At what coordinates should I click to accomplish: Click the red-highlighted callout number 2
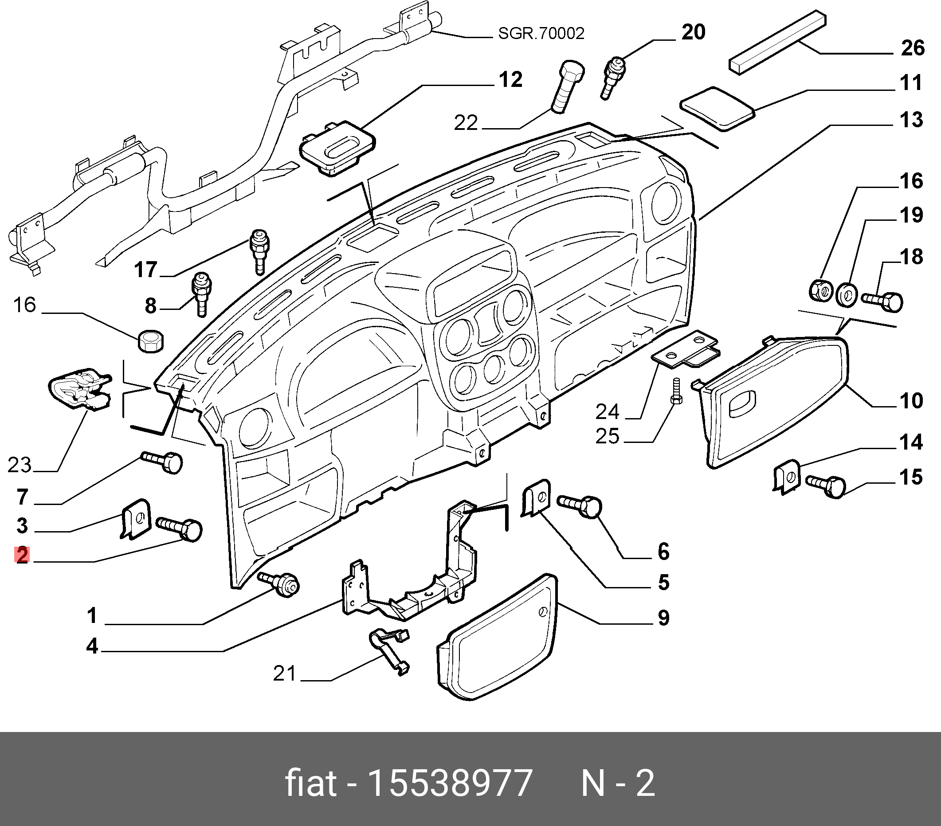22,555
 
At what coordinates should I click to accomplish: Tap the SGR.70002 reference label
541,34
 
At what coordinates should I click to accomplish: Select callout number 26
912,48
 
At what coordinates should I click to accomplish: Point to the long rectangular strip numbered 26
777,41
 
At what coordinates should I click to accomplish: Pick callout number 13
911,120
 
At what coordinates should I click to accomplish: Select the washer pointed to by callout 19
846,295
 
